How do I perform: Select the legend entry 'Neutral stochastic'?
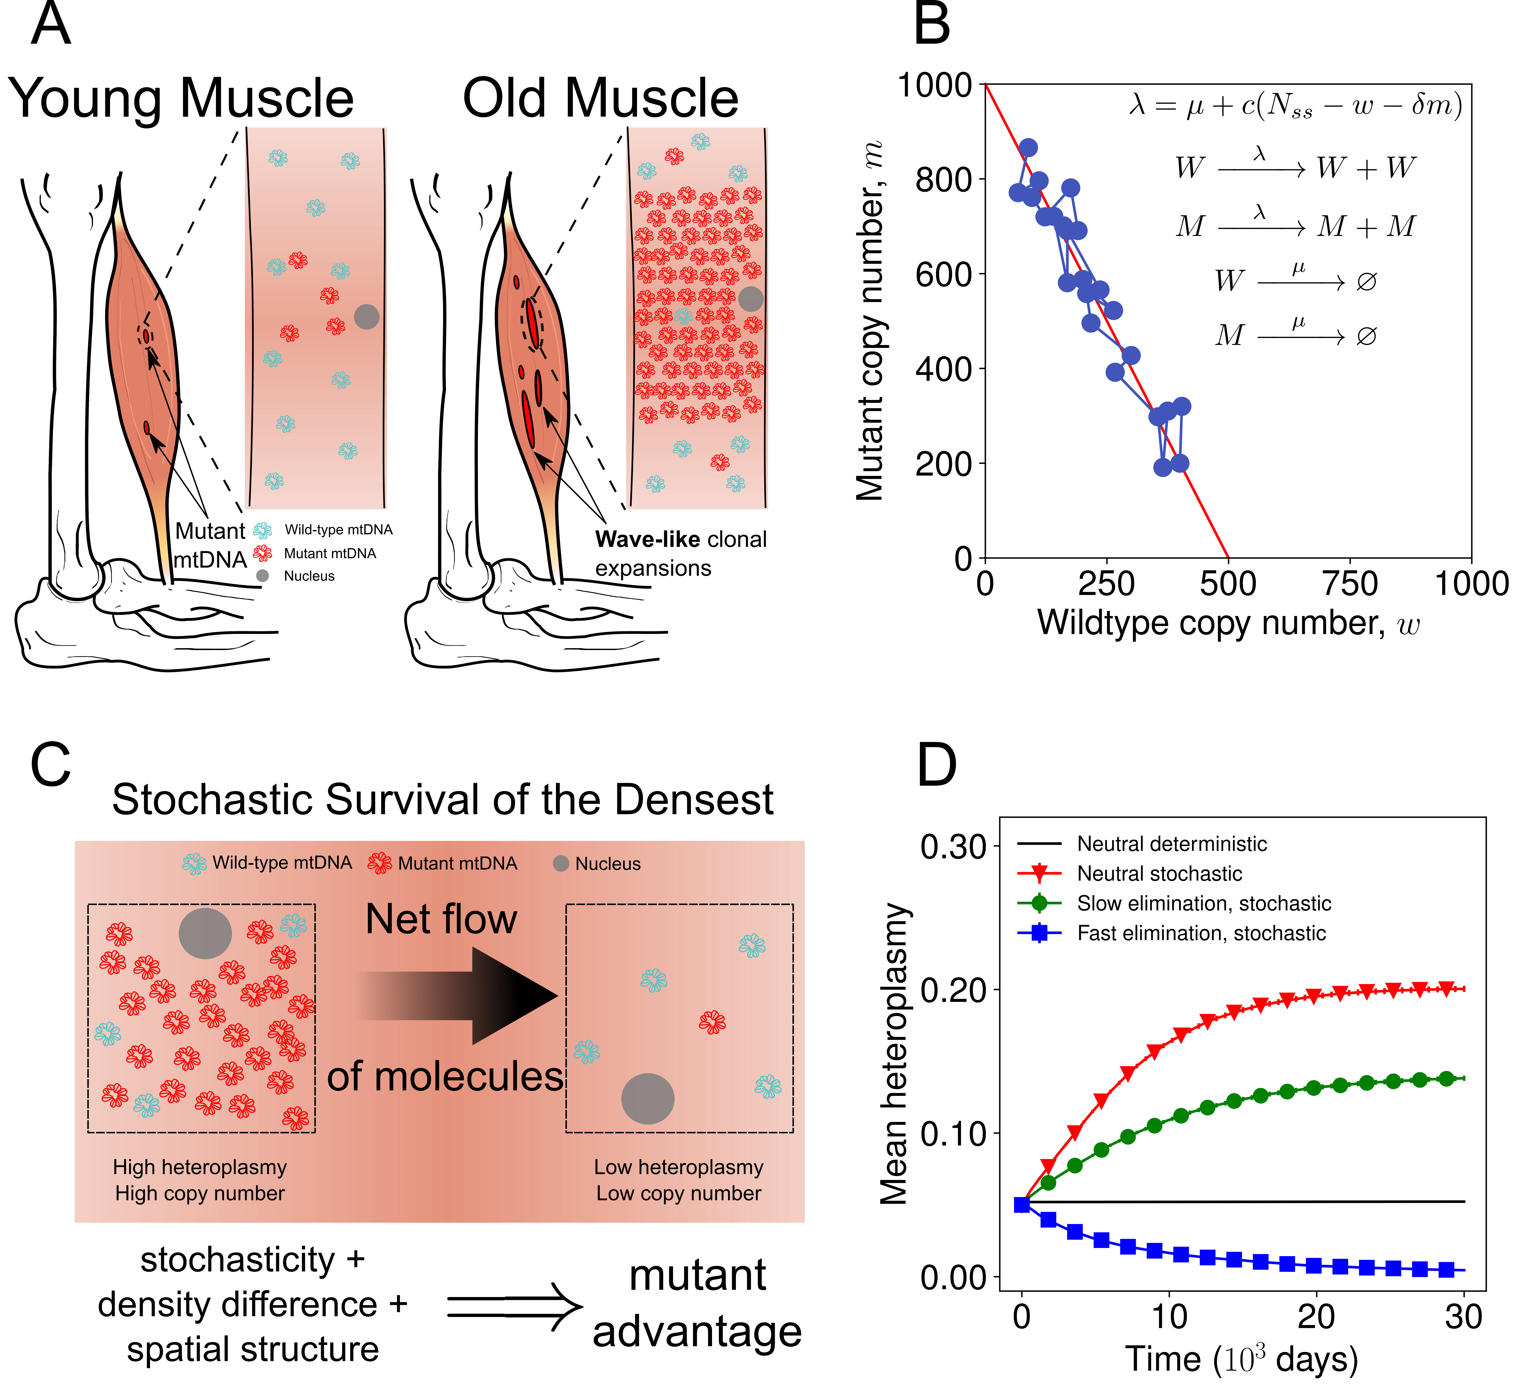tap(1159, 874)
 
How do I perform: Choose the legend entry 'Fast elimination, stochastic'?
tap(1201, 934)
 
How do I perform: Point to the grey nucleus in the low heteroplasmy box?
tap(648, 1098)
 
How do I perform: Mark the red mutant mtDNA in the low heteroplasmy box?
tap(712, 1022)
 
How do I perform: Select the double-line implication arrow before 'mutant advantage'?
tap(515, 1306)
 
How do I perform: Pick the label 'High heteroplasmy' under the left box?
tap(200, 1167)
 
